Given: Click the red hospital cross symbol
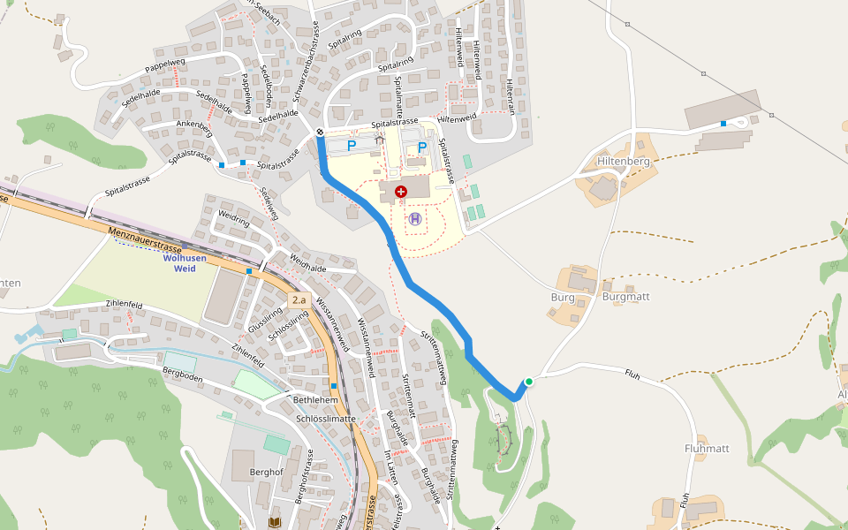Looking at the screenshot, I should tap(402, 192).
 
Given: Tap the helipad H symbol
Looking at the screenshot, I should tap(415, 218).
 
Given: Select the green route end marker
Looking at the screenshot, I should tap(528, 382).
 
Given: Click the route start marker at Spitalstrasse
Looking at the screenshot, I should tap(320, 132).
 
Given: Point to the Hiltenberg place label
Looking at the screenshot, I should tap(624, 162).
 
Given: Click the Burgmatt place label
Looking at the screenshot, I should tap(625, 297).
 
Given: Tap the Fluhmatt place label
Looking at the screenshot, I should tap(707, 449).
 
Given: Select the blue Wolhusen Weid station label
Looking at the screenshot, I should tap(185, 262).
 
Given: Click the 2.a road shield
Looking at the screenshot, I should tap(302, 300).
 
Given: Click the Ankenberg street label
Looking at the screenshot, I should tap(194, 125).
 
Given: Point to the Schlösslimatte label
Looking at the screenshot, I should tap(326, 418).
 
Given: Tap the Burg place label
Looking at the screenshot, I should tap(563, 297).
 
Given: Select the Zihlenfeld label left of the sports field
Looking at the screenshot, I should tap(124, 304).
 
